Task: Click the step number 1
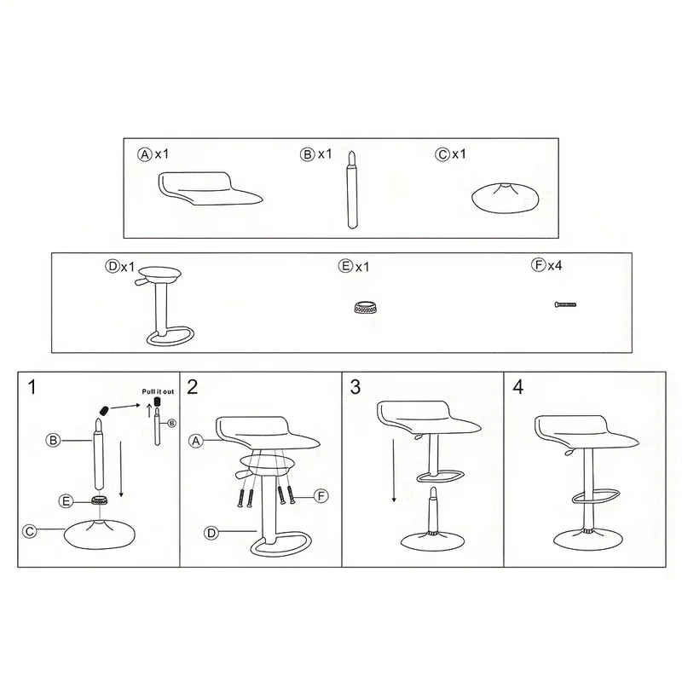click(32, 387)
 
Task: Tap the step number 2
click(193, 387)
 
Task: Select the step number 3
click(355, 387)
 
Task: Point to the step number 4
click(518, 387)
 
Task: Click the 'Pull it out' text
click(158, 391)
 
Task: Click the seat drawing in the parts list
click(210, 188)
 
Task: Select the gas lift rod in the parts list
click(352, 189)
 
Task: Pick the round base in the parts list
click(505, 198)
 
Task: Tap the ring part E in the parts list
click(365, 307)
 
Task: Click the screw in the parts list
click(565, 304)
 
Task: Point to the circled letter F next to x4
click(539, 265)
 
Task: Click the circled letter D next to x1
click(113, 266)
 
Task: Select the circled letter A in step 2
click(196, 441)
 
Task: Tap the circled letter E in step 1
click(66, 501)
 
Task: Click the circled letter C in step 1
click(30, 531)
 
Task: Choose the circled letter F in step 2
click(321, 496)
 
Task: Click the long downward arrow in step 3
click(394, 471)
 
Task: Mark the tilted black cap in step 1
click(103, 410)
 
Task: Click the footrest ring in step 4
click(595, 496)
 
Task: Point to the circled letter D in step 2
click(211, 533)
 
